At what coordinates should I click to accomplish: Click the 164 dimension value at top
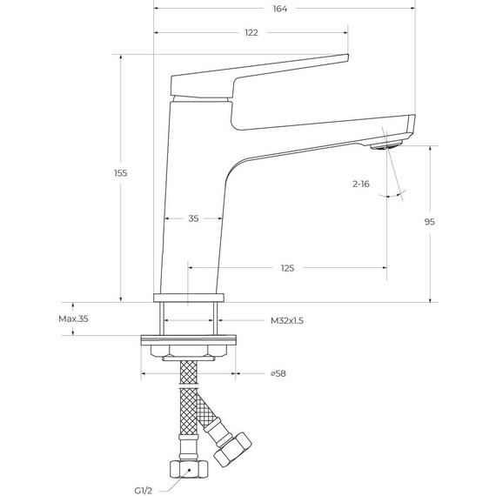pyautogui.click(x=279, y=9)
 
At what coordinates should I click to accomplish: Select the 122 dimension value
pyautogui.click(x=251, y=33)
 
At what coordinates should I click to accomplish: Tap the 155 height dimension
pyautogui.click(x=121, y=173)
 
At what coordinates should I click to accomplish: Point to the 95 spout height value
pyautogui.click(x=429, y=222)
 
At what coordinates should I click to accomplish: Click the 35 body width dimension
pyautogui.click(x=193, y=218)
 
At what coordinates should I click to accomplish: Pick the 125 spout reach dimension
pyautogui.click(x=287, y=268)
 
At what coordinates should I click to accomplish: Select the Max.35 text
pyautogui.click(x=74, y=319)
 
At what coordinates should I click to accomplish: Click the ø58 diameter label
pyautogui.click(x=278, y=374)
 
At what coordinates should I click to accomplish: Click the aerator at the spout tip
pyautogui.click(x=386, y=145)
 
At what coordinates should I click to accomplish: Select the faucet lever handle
pyautogui.click(x=261, y=73)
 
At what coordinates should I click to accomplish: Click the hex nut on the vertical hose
pyautogui.click(x=188, y=470)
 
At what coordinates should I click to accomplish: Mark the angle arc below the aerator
pyautogui.click(x=393, y=198)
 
